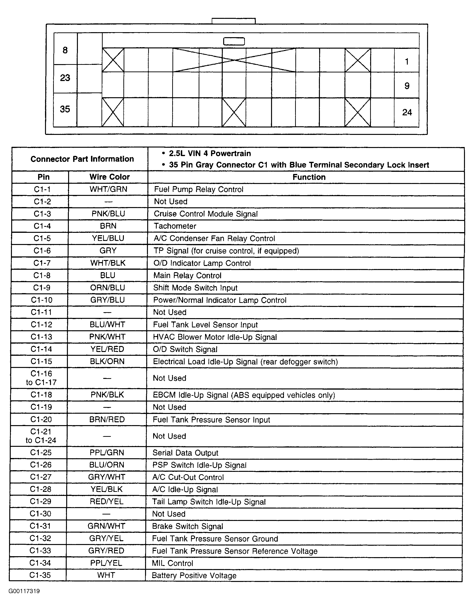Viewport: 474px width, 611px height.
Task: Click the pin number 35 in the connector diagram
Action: (65, 109)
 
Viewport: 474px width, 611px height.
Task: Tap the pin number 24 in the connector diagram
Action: (407, 112)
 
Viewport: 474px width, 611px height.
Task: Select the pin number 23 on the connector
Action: (65, 78)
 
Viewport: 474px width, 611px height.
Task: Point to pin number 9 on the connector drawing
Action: (407, 86)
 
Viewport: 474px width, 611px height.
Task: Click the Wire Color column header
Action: (110, 177)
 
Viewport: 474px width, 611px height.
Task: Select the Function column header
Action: (309, 177)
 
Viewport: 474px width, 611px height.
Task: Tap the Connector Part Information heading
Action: (82, 159)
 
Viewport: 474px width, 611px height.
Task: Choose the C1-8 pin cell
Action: (42, 275)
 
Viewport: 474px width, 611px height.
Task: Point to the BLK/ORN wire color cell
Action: (107, 362)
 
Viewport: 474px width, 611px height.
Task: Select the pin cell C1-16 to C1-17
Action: (41, 378)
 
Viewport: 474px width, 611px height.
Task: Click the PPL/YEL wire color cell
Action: (106, 563)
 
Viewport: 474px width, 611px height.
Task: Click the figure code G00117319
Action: (24, 591)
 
